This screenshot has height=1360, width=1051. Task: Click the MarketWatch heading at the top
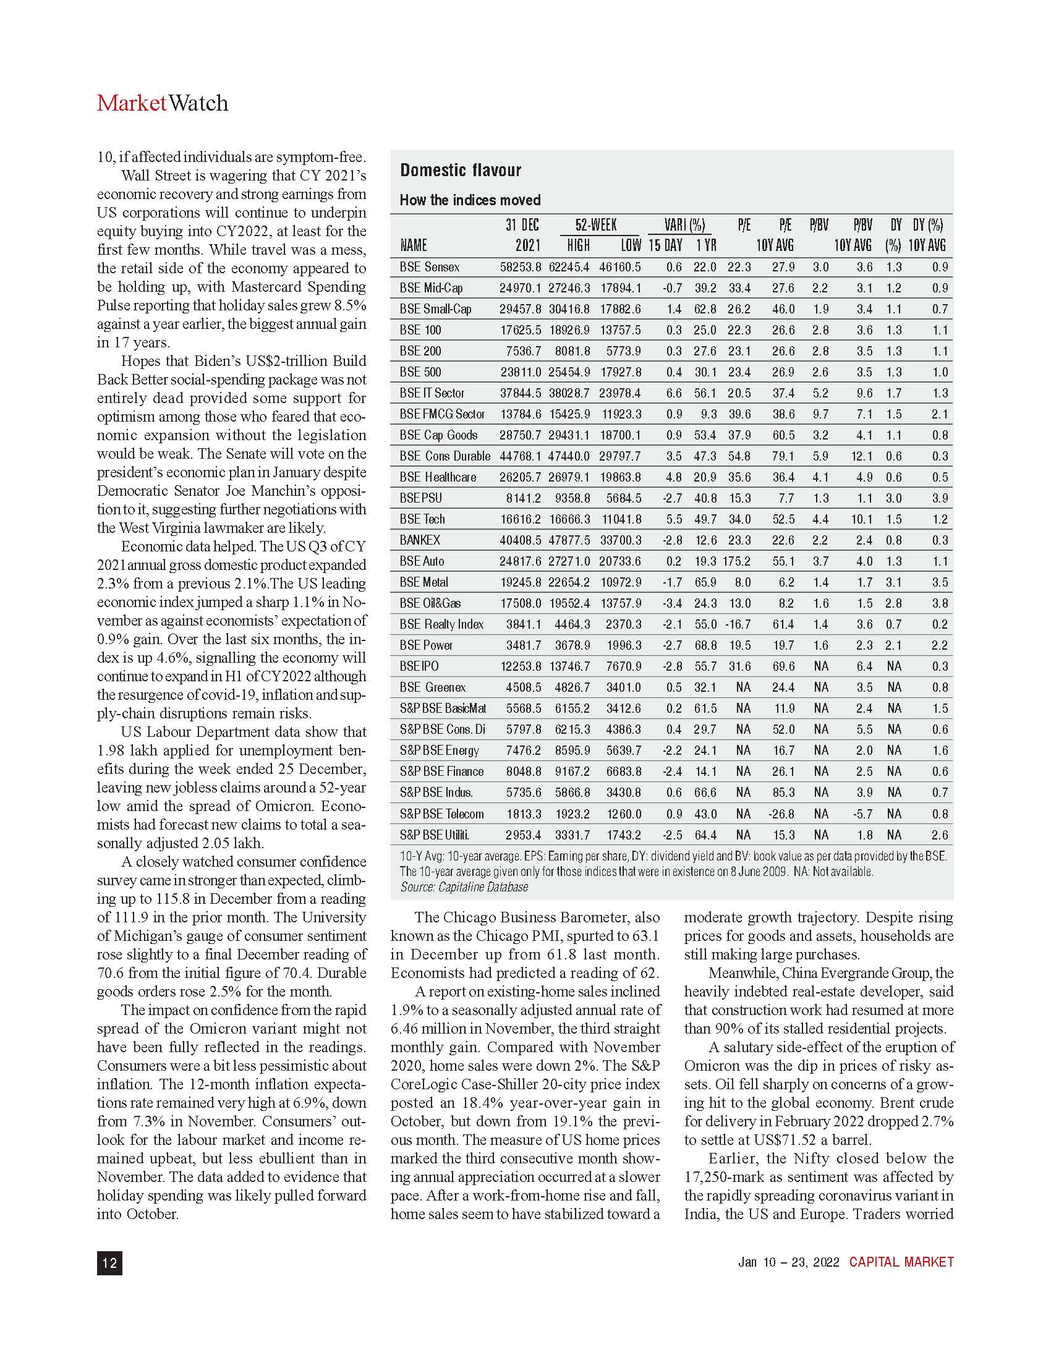click(163, 103)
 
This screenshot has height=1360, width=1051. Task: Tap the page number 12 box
click(109, 1262)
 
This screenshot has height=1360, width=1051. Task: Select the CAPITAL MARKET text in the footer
click(901, 1262)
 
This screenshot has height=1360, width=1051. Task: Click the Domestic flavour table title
click(460, 170)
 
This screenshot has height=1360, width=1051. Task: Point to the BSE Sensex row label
click(429, 267)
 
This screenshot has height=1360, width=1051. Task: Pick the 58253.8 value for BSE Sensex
click(521, 267)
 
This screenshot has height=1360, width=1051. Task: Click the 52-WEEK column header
click(596, 225)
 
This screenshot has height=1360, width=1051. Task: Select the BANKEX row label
click(420, 540)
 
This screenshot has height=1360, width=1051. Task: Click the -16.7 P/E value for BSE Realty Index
click(738, 624)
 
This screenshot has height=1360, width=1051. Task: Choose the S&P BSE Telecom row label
click(441, 814)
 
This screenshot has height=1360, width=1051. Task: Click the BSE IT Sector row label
click(432, 393)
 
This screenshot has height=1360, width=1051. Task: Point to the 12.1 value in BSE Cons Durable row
click(862, 456)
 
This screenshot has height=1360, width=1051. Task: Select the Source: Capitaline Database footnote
click(464, 886)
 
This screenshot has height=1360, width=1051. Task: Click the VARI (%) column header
click(684, 225)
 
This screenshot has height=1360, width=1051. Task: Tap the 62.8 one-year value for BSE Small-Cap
click(705, 309)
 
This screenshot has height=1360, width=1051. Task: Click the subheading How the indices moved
click(469, 200)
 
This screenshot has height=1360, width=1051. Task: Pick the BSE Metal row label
click(423, 582)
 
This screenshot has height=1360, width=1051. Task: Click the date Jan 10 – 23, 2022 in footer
click(788, 1262)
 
